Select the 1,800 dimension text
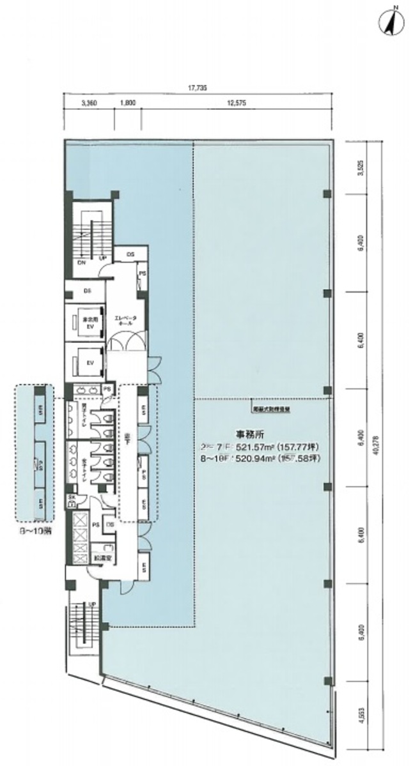pyautogui.click(x=126, y=102)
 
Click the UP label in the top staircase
pyautogui.click(x=102, y=258)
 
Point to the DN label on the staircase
pyautogui.click(x=82, y=262)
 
